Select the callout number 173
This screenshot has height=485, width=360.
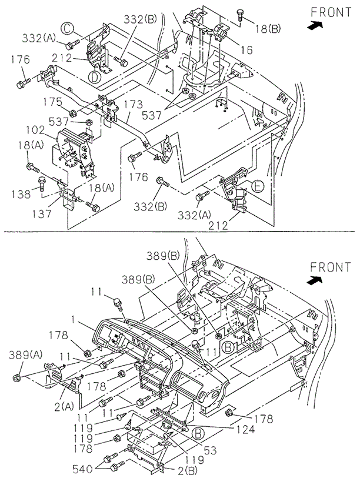[134, 105]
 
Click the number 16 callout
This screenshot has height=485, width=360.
[246, 51]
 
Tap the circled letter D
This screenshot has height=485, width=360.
[93, 76]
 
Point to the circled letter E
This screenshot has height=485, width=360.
[257, 186]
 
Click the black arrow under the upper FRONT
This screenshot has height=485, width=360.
[316, 25]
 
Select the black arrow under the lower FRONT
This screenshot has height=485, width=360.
[318, 280]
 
